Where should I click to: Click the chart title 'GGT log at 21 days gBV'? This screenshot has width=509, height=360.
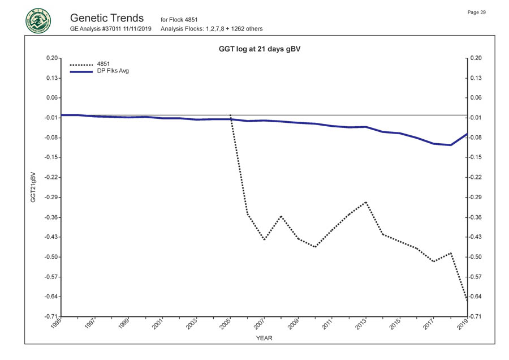(259, 49)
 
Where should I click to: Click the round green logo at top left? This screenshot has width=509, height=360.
(38, 21)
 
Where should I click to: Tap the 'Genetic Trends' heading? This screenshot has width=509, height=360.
(106, 18)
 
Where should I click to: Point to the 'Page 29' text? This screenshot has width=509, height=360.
(477, 12)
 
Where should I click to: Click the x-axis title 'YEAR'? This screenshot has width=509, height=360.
(264, 338)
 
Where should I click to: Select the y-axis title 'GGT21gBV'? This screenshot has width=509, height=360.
(33, 187)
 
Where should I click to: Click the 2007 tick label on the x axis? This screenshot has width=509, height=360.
(260, 324)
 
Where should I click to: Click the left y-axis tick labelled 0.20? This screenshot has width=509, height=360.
(51, 58)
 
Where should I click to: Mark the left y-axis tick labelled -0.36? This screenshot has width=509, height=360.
(50, 217)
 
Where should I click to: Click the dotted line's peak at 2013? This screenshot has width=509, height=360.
(366, 202)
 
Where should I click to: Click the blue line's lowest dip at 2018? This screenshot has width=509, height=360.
(450, 145)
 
